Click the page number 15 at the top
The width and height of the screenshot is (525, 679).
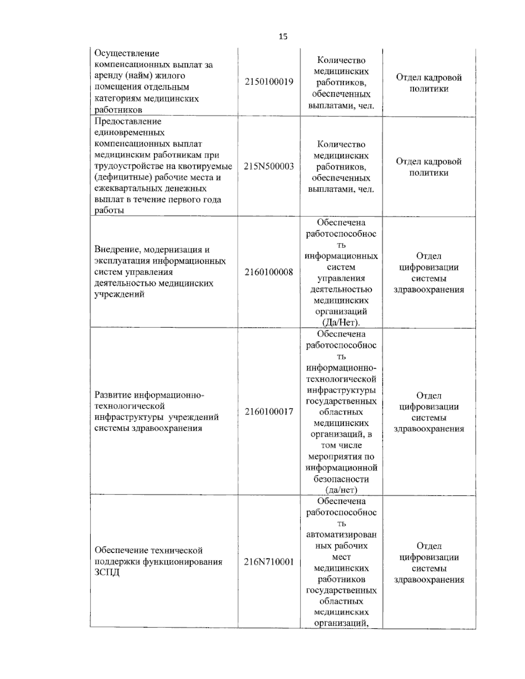(283, 37)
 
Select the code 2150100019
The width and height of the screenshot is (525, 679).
(269, 82)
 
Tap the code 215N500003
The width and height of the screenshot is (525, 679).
(269, 166)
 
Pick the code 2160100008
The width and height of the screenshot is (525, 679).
(269, 272)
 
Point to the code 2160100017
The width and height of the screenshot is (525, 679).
(269, 411)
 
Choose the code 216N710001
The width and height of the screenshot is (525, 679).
(269, 562)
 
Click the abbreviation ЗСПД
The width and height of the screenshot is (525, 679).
(107, 573)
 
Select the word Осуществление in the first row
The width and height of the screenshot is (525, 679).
(127, 53)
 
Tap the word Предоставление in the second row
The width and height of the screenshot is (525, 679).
(128, 121)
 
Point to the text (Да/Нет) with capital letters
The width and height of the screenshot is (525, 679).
(341, 323)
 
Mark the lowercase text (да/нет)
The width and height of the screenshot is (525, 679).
(341, 490)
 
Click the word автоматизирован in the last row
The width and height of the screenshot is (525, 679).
(341, 534)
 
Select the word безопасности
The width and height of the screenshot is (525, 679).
(341, 479)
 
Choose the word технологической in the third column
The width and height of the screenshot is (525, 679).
(341, 379)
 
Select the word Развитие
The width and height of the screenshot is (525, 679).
(113, 395)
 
